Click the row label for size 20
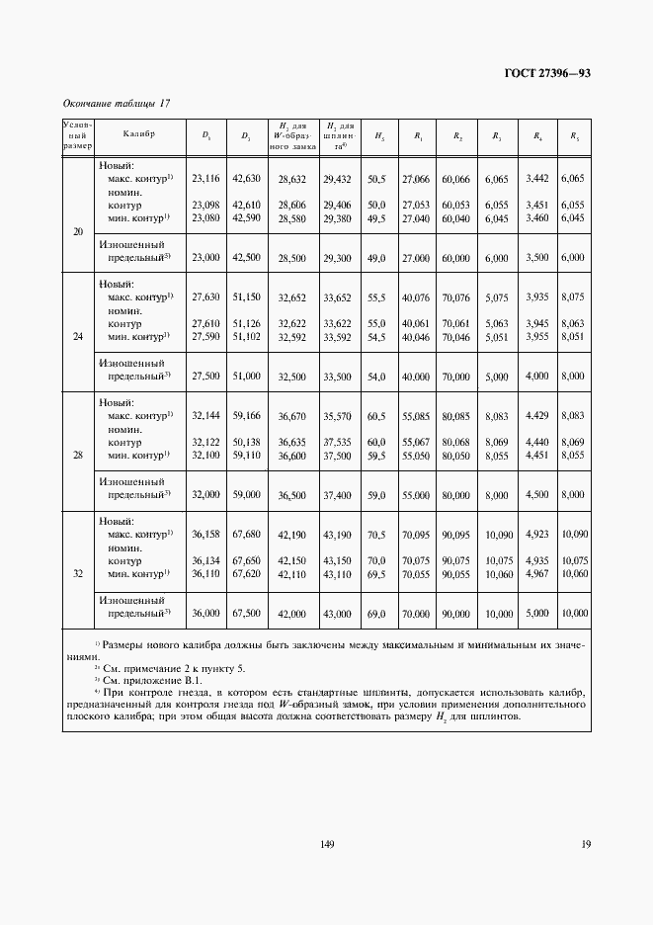pos(78,232)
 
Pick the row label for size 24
pos(78,336)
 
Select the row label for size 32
pos(78,573)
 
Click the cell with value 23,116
pos(204,179)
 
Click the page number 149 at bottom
pos(327,844)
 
